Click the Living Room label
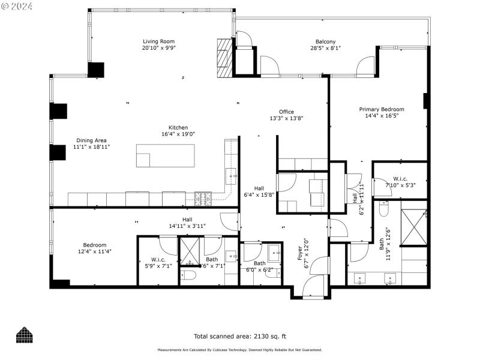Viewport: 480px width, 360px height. [x=158, y=41]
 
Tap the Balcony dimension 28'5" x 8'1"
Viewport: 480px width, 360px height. [x=326, y=48]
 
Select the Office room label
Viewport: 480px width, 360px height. [x=286, y=112]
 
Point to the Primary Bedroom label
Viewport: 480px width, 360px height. [x=382, y=109]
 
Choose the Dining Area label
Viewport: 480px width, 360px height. [x=91, y=140]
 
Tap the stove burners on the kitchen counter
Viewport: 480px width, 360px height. [x=202, y=195]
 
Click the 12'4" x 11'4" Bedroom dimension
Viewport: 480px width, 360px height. [x=95, y=252]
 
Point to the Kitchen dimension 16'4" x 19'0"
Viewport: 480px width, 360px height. [x=178, y=134]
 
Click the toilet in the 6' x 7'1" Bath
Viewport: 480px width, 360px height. [x=188, y=277]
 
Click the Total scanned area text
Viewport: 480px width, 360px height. [x=240, y=336]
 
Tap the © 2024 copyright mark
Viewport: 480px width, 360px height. [x=17, y=6]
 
